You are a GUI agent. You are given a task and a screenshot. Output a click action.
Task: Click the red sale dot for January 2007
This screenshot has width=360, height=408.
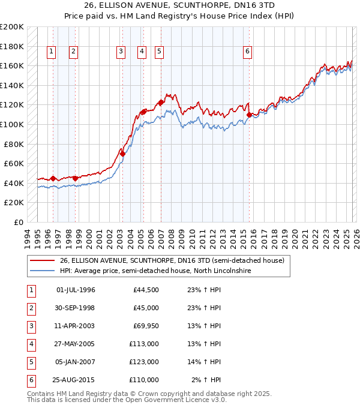(x=161, y=103)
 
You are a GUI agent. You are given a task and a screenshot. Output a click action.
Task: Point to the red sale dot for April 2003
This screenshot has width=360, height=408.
(x=122, y=154)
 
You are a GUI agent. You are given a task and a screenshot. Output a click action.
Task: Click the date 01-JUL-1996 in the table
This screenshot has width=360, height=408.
(x=76, y=290)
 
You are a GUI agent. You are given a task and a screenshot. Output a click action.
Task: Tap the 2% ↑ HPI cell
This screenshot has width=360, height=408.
(x=207, y=380)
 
